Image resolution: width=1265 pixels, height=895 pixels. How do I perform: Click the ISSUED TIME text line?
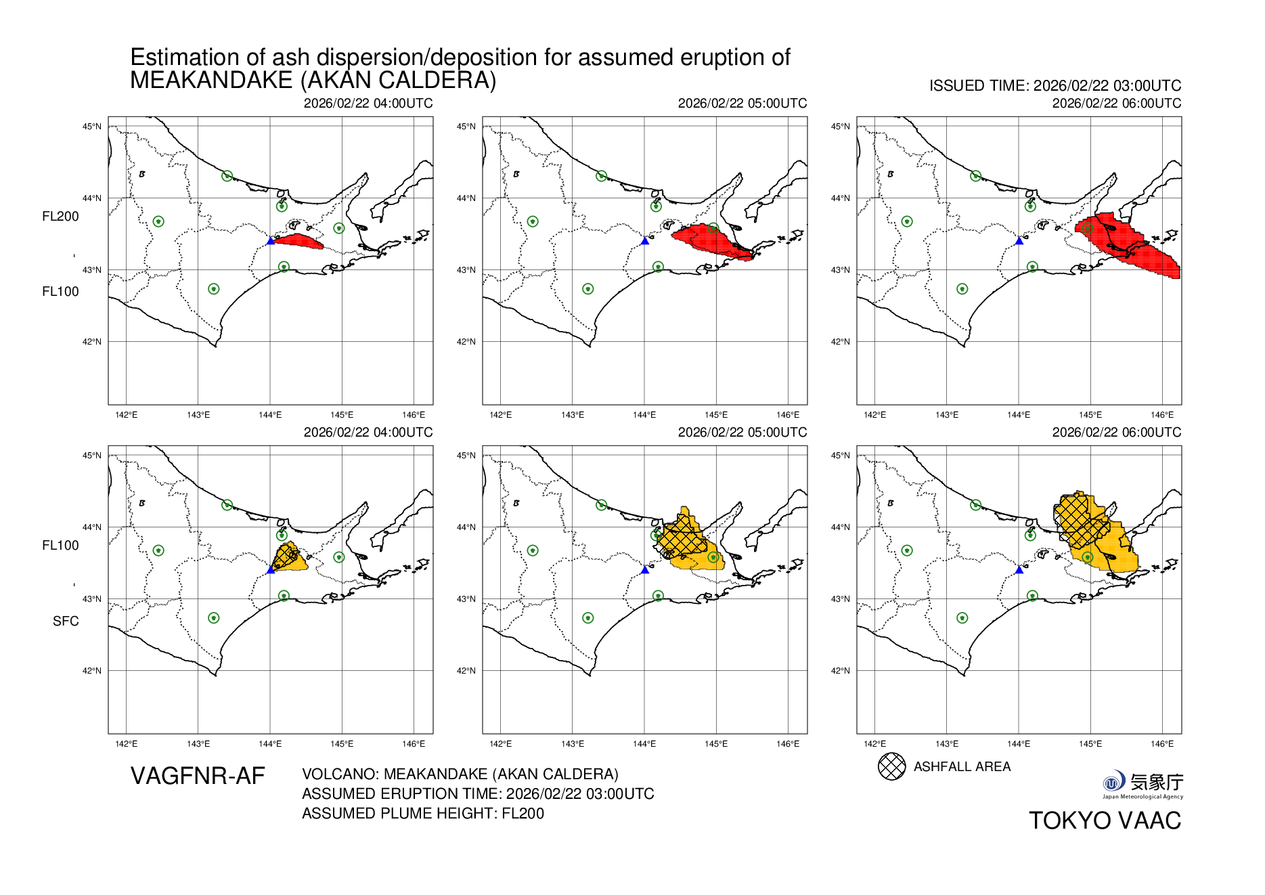coord(1055,86)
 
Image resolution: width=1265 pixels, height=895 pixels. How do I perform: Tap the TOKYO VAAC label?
coord(1105,821)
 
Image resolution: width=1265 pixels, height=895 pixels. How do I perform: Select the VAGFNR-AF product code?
coord(198,776)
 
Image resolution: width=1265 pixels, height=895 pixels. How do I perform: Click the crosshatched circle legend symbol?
coord(891,766)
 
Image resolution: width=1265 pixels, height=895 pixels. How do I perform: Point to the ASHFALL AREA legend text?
coord(962,766)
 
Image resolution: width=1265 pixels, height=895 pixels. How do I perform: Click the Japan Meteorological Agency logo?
coord(1142,784)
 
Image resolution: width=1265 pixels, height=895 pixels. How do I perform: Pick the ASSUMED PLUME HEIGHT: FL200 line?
coord(423,813)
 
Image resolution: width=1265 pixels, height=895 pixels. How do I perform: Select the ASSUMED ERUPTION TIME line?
coord(478,793)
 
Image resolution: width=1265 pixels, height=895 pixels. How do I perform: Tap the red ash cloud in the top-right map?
coord(1124,244)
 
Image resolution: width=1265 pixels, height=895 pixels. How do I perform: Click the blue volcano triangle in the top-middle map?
coord(644,241)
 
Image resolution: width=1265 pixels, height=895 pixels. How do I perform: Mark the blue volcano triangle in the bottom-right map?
coord(1019,570)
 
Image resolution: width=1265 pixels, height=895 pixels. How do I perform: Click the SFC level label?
coord(66,621)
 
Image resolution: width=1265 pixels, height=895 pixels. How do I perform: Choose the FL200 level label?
coord(60,216)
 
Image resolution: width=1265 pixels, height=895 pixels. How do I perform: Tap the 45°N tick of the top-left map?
coord(92,127)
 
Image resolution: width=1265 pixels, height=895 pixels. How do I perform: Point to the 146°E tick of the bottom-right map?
coord(1162,744)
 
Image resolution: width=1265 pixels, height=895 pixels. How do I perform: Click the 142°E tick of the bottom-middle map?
coord(500,744)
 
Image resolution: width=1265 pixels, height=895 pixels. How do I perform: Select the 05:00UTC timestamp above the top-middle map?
coord(742,103)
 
